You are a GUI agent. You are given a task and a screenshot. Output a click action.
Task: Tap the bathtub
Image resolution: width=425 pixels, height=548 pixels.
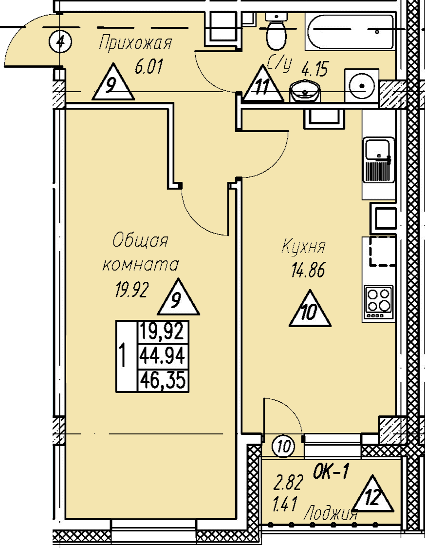pyautogui.click(x=351, y=32)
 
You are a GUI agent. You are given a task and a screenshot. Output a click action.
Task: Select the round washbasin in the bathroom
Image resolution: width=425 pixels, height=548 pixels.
pyautogui.click(x=305, y=91)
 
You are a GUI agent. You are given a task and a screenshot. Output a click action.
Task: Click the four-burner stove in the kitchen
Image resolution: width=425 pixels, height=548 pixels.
pyautogui.click(x=379, y=303)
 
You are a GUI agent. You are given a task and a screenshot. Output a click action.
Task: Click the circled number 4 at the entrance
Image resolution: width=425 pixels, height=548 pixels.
pyautogui.click(x=60, y=42)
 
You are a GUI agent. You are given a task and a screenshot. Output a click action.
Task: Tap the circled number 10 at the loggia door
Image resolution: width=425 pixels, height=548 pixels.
pyautogui.click(x=285, y=446)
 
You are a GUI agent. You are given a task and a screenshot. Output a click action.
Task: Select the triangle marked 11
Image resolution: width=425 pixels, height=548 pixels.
pyautogui.click(x=263, y=84)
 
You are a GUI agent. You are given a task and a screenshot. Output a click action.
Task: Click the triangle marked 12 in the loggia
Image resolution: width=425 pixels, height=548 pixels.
pyautogui.click(x=372, y=494)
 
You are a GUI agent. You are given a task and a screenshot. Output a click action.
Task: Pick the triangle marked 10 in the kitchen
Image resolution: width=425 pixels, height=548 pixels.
pyautogui.click(x=310, y=309)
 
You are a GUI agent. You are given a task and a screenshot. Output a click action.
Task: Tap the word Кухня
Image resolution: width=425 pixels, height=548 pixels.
pyautogui.click(x=303, y=246)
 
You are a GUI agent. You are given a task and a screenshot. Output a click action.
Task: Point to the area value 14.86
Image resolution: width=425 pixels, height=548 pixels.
pyautogui.click(x=308, y=270)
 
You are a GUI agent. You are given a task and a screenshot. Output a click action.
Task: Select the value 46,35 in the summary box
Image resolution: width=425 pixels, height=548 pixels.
pyautogui.click(x=162, y=380)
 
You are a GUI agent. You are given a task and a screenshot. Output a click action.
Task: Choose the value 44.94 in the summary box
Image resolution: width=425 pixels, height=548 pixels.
pyautogui.click(x=162, y=356)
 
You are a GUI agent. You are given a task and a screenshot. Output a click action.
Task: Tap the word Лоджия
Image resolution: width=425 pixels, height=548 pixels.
pyautogui.click(x=331, y=514)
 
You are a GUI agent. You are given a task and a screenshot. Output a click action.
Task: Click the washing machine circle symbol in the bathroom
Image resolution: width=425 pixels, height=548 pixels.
pyautogui.click(x=362, y=85)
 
